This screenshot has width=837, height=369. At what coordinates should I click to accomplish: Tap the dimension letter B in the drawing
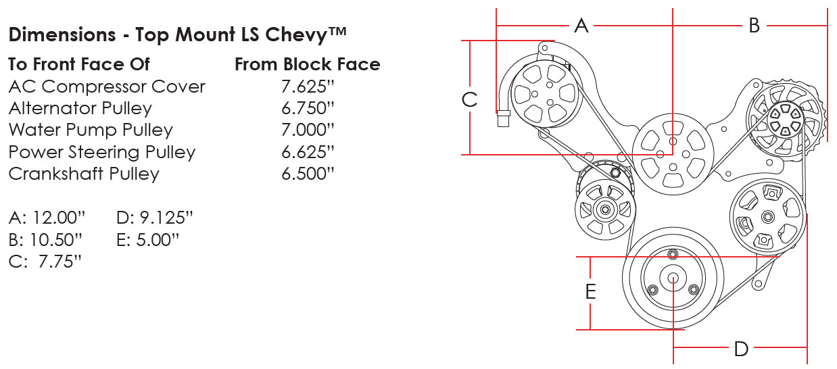coord(755,26)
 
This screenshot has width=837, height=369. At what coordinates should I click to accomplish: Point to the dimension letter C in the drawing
coord(469,99)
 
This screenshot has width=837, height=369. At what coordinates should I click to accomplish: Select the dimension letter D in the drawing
coord(741,349)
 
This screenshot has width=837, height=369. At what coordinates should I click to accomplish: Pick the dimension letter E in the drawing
coord(590,292)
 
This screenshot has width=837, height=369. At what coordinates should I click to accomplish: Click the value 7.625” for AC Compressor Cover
coord(308,87)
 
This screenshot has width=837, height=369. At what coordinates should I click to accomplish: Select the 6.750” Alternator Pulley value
coord(308,108)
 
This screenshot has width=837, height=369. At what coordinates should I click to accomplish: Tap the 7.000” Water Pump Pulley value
coord(308,130)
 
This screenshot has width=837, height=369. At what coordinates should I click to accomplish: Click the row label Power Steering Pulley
coord(101,152)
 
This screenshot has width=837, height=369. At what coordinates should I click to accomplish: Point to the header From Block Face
coord(307,64)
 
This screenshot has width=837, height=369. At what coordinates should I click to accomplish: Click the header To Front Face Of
coord(79,64)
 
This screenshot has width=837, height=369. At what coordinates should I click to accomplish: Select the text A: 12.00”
coord(47,218)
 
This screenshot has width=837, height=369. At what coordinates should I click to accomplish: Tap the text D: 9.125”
coord(155,218)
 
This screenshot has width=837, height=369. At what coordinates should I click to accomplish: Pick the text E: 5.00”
coord(147,239)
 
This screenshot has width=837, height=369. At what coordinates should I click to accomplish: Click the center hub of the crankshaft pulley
coord(674,278)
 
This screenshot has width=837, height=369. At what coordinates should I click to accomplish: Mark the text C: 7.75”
coord(45,261)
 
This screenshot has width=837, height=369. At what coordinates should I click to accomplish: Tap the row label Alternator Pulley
coord(80,108)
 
